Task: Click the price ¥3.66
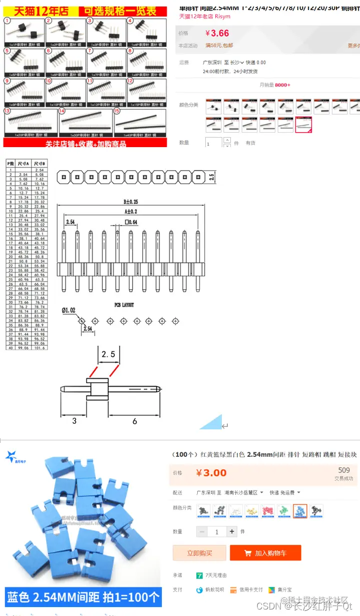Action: (x=217, y=34)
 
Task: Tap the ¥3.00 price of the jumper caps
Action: (x=211, y=473)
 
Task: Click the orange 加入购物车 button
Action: (x=265, y=553)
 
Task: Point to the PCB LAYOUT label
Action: (x=124, y=305)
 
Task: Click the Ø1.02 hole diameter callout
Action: (x=69, y=310)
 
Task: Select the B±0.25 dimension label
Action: (x=132, y=202)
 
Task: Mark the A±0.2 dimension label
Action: (x=131, y=212)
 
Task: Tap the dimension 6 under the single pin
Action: (x=135, y=421)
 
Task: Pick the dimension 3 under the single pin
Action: (x=75, y=421)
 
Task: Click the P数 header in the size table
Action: (x=10, y=164)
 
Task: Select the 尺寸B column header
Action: (x=40, y=164)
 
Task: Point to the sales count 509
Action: (x=344, y=470)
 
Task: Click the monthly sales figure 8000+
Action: (x=282, y=85)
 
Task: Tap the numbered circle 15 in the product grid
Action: (x=117, y=111)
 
